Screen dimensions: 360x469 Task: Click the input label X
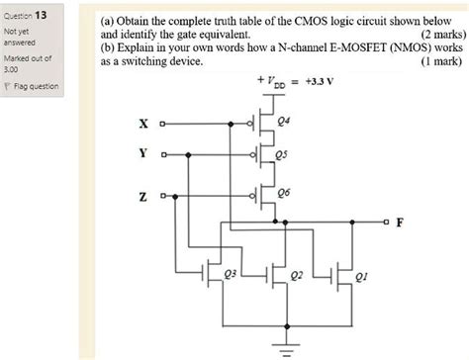[x=143, y=125]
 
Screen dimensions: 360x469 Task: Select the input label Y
[x=143, y=154]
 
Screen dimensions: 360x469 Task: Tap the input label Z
[x=143, y=193]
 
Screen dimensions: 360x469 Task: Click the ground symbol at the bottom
[x=287, y=347]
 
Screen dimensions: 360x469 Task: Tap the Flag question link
[x=34, y=86]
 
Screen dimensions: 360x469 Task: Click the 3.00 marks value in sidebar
[x=13, y=70]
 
